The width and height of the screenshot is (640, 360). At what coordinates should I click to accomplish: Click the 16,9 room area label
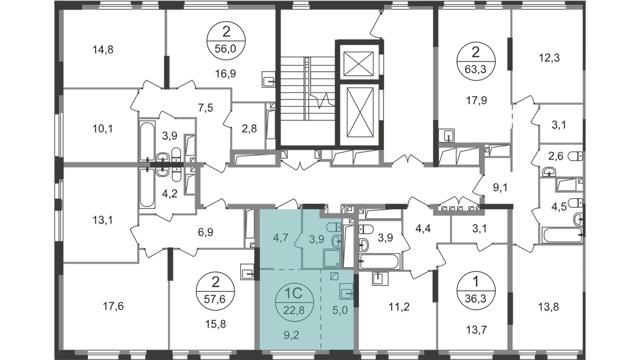(224, 71)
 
